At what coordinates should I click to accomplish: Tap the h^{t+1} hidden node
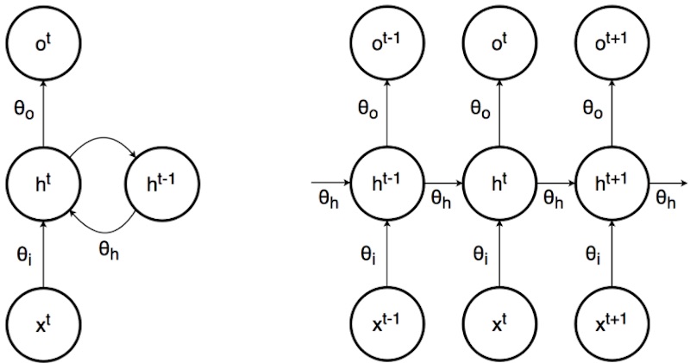coord(611,183)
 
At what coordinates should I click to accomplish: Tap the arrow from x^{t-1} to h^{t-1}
coord(388,256)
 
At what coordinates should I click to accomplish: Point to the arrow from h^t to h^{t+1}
coord(555,183)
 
